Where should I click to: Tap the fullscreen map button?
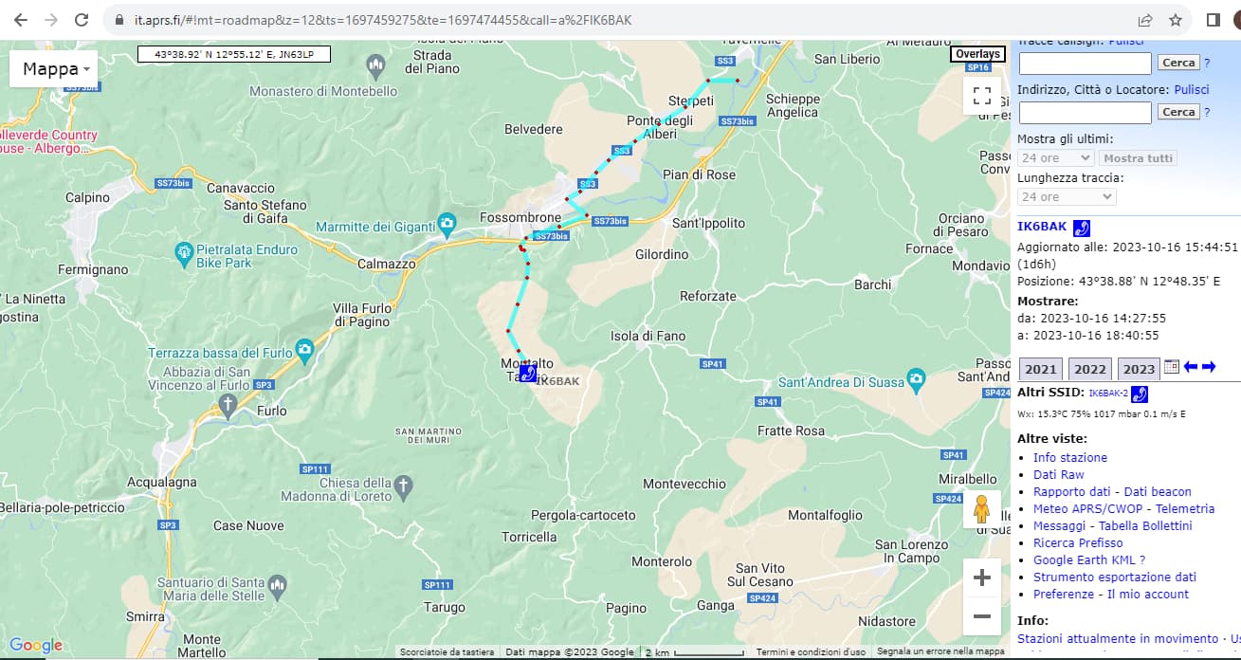click(x=982, y=95)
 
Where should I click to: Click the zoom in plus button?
click(x=982, y=577)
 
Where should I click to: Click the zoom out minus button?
click(x=982, y=616)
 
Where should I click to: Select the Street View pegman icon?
click(x=982, y=510)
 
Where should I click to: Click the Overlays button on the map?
click(x=977, y=54)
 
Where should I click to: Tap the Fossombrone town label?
click(x=520, y=217)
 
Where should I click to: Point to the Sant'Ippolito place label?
click(x=708, y=224)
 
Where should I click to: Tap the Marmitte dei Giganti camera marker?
click(x=447, y=226)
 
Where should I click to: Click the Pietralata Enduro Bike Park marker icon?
click(x=185, y=252)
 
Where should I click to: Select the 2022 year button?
click(x=1090, y=369)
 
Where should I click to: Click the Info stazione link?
click(x=1069, y=457)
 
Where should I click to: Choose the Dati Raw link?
click(x=1058, y=474)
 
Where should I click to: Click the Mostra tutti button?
click(x=1138, y=158)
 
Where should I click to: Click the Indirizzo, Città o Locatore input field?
click(x=1085, y=112)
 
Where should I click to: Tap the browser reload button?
click(x=82, y=20)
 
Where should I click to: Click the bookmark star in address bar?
click(x=1175, y=20)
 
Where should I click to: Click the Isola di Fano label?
click(x=648, y=336)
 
